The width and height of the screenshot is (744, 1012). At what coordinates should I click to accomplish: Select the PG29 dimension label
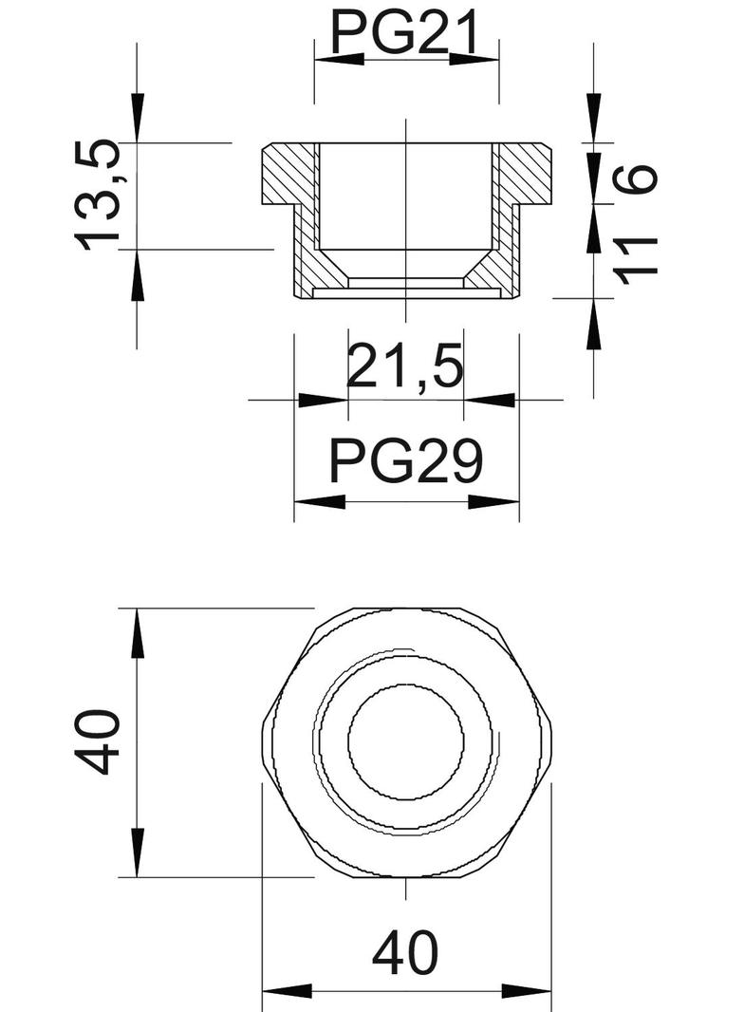click(406, 463)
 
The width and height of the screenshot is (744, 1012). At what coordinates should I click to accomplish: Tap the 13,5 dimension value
click(99, 195)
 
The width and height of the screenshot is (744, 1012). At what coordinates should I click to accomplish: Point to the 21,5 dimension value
click(405, 368)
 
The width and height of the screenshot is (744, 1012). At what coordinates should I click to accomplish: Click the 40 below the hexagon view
click(406, 953)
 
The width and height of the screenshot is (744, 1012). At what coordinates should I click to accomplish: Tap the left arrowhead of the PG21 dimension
click(338, 59)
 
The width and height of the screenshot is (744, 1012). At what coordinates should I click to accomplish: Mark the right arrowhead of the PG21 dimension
click(474, 59)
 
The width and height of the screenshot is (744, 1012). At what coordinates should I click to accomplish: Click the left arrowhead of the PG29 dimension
click(318, 501)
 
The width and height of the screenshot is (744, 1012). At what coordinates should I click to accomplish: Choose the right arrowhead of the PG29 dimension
click(495, 501)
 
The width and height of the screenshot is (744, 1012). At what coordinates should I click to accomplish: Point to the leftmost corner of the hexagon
click(262, 742)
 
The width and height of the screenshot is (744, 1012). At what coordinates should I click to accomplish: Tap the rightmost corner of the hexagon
click(551, 742)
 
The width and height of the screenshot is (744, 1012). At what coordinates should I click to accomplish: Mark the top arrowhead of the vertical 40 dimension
click(138, 632)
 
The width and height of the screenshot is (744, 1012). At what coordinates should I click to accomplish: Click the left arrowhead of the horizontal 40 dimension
click(286, 993)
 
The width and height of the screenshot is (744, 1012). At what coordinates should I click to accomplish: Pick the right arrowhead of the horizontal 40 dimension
click(528, 993)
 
